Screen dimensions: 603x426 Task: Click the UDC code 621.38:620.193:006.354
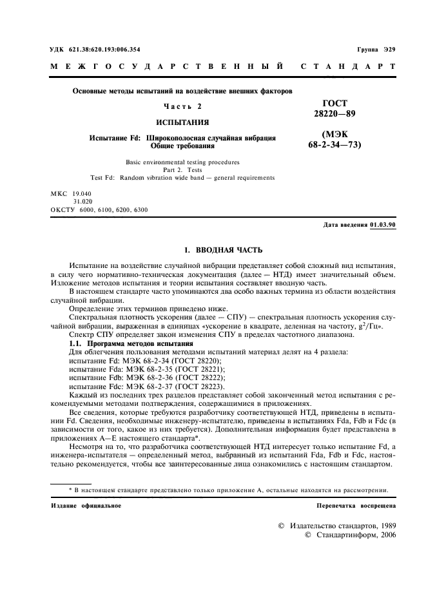(x=103, y=50)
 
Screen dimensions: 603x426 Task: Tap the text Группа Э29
(x=376, y=50)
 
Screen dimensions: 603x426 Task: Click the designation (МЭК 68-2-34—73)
(x=334, y=140)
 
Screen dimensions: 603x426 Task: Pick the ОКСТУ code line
(x=99, y=210)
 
